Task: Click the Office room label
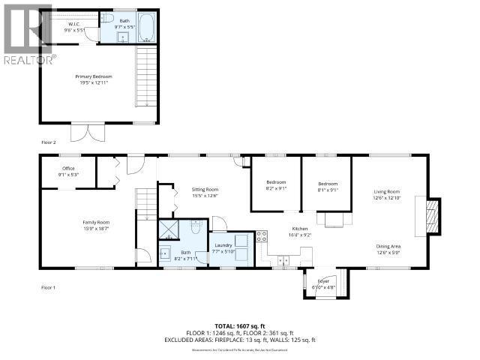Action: [67, 172]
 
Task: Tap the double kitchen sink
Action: [283, 260]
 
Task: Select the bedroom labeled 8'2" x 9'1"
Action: [276, 186]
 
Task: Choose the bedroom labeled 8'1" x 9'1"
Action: [327, 186]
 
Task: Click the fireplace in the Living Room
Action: [430, 215]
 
